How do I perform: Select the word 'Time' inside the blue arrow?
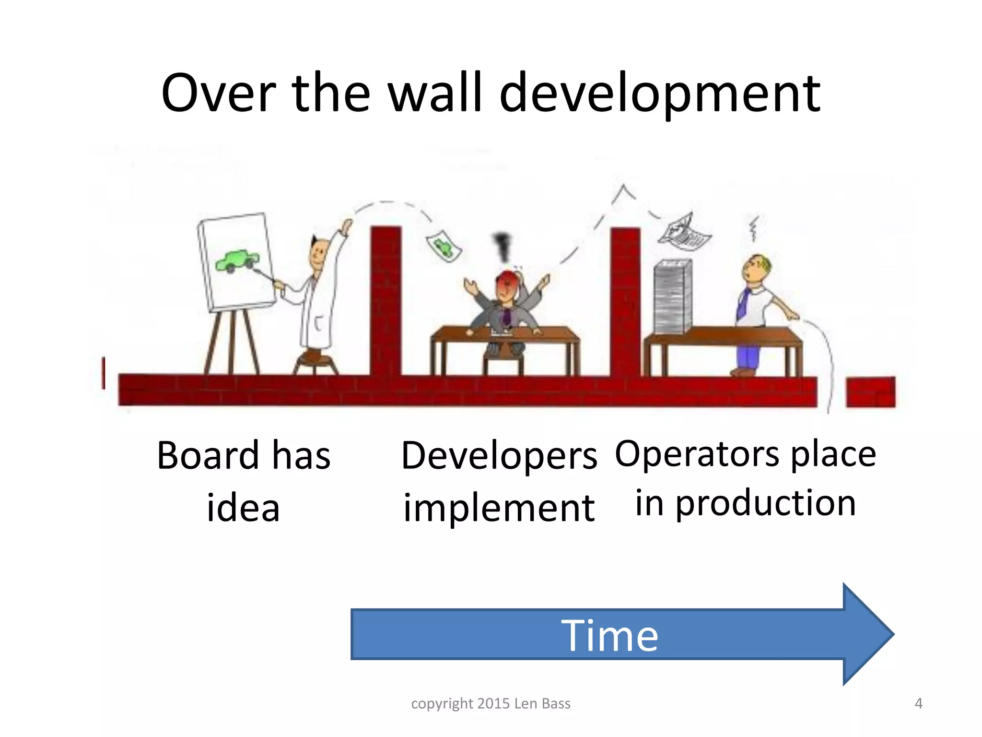point(610,635)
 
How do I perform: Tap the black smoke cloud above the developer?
point(502,245)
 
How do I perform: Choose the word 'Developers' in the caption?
point(499,456)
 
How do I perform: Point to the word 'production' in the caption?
point(766,504)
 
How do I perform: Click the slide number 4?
point(918,703)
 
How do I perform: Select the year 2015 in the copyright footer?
point(494,703)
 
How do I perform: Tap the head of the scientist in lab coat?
point(318,253)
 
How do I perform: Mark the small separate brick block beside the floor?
point(870,392)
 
